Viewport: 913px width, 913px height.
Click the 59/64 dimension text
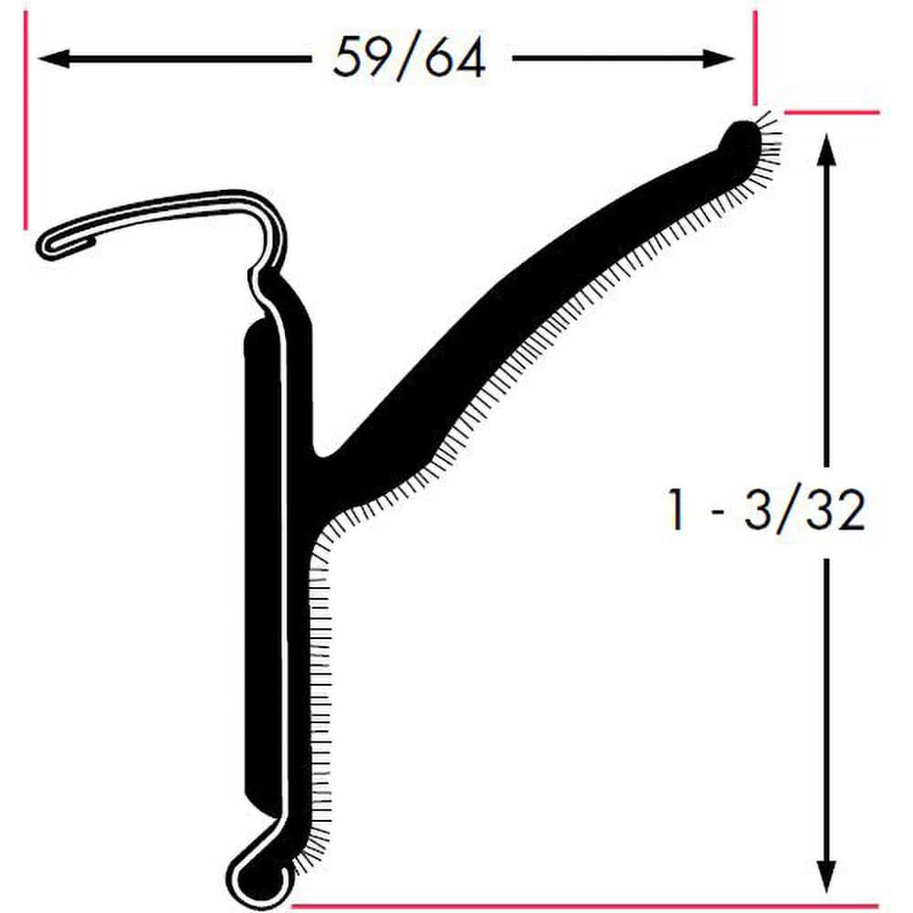pyautogui.click(x=408, y=58)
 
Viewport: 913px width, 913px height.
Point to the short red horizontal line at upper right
pyautogui.click(x=832, y=112)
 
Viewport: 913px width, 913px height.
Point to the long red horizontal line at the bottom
pyautogui.click(x=584, y=906)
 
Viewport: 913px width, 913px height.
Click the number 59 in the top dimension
pyautogui.click(x=357, y=58)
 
